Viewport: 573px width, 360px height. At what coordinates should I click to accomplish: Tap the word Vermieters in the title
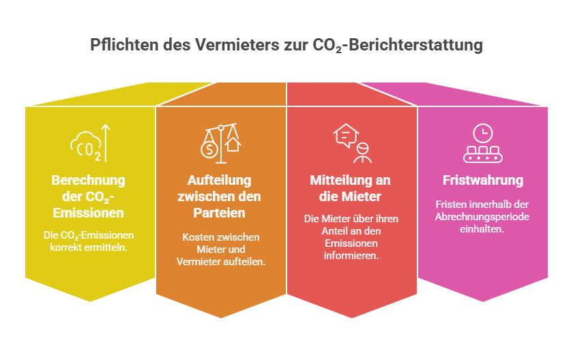(237, 45)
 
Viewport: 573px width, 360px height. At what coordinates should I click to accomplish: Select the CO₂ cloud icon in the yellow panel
(85, 146)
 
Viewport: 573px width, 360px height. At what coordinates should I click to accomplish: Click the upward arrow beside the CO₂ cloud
(105, 143)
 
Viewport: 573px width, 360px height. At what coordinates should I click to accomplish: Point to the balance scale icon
(221, 143)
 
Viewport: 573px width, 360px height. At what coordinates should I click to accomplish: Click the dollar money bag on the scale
(209, 149)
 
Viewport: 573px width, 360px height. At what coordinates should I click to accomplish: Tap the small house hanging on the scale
(233, 144)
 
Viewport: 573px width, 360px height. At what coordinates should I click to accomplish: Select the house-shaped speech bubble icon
(346, 136)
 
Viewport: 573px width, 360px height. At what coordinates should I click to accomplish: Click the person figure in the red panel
(362, 152)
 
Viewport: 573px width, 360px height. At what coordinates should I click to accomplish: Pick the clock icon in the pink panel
(483, 133)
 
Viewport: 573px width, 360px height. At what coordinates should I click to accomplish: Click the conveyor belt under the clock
(483, 155)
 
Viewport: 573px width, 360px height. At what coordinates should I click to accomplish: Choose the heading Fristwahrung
(483, 180)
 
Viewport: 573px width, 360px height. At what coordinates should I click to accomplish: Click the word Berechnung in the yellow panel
(89, 180)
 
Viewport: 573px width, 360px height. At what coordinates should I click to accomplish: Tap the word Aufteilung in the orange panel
(219, 180)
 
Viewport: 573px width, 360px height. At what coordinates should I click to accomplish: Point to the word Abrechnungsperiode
(482, 217)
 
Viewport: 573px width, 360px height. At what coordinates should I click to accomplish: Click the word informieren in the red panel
(351, 256)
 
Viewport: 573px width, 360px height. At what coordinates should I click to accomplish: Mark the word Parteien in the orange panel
(219, 213)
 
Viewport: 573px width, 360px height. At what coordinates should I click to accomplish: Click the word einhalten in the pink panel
(482, 229)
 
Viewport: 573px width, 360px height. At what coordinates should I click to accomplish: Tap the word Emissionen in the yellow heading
(89, 213)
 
